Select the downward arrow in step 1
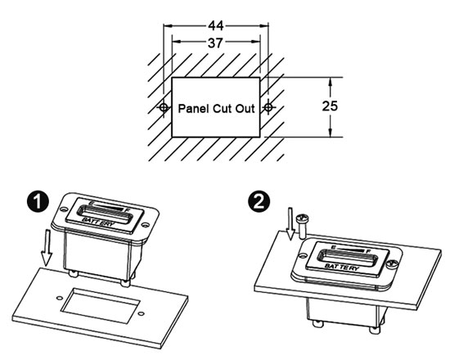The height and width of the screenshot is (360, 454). pyautogui.click(x=47, y=246)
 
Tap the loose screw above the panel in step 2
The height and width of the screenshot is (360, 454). pyautogui.click(x=303, y=220)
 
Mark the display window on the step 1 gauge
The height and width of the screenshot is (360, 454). pyautogui.click(x=105, y=218)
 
